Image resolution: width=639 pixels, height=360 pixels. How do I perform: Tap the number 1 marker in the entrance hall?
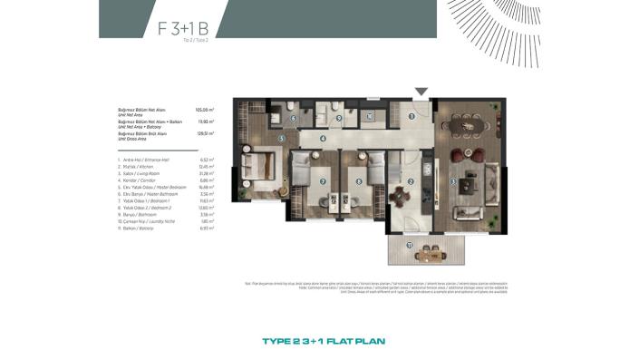(411, 116)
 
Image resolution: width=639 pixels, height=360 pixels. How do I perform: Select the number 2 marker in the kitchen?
(411, 181)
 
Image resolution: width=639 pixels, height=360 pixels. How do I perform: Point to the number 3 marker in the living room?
(453, 181)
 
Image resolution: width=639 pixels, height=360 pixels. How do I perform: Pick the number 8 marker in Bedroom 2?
(360, 181)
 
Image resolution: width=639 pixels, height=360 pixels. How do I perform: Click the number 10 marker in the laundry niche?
(371, 116)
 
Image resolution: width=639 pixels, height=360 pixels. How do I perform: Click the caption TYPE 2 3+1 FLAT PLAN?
(319, 342)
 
